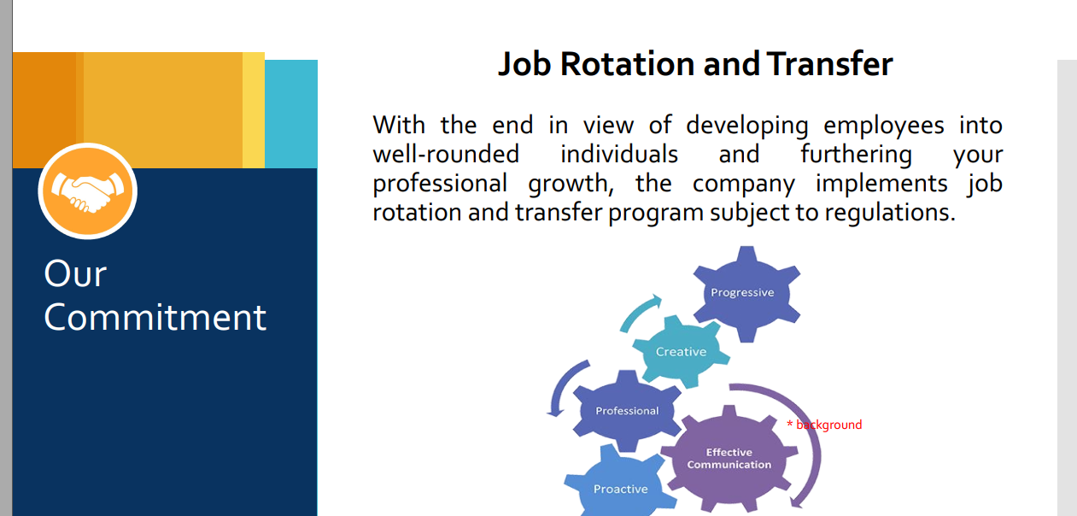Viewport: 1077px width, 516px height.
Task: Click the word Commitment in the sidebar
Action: click(x=155, y=318)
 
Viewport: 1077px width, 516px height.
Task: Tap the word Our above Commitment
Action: click(x=75, y=273)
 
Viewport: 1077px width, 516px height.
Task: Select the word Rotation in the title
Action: click(x=628, y=64)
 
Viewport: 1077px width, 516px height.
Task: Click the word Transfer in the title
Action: click(x=829, y=64)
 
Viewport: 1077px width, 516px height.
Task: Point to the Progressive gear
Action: click(x=746, y=294)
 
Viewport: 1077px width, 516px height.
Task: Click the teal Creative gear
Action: click(x=681, y=351)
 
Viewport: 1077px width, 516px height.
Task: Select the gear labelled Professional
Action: click(x=627, y=411)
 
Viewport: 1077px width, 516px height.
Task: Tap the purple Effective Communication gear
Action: click(x=729, y=458)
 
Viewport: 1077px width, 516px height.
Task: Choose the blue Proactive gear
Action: click(x=620, y=486)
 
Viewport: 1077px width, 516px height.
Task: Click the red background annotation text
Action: click(x=824, y=425)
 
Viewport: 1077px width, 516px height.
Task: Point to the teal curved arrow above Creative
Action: click(x=637, y=312)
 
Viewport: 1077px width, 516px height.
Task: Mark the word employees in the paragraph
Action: click(x=884, y=126)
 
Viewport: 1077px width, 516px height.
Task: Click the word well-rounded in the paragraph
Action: click(x=446, y=155)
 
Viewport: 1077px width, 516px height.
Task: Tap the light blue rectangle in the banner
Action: click(x=291, y=114)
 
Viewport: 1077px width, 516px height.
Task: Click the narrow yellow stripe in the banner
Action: click(x=254, y=110)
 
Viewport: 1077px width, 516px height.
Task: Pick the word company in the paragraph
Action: click(x=743, y=185)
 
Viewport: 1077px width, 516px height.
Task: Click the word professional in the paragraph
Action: click(x=440, y=185)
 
